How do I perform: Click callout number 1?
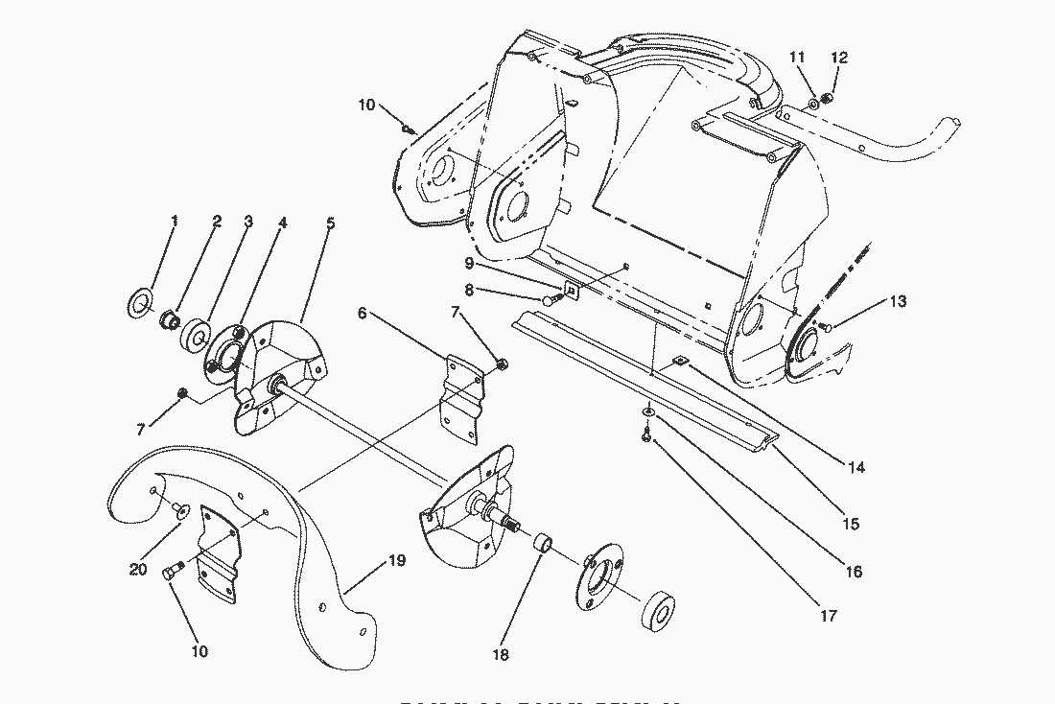click(175, 221)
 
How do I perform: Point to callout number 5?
click(330, 223)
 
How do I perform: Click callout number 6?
click(362, 313)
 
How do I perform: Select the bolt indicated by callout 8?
click(550, 300)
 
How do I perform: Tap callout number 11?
click(797, 58)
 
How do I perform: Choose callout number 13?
click(897, 301)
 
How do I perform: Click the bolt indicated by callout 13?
click(828, 329)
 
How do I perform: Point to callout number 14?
click(856, 467)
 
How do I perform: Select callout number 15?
click(851, 524)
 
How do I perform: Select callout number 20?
click(137, 569)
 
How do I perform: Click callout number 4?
click(283, 222)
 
